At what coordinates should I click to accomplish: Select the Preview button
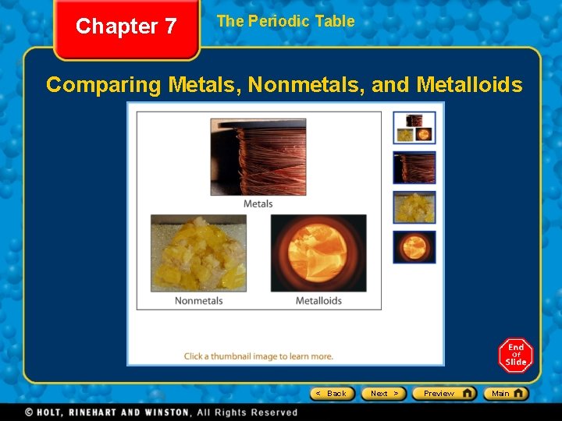pyautogui.click(x=443, y=394)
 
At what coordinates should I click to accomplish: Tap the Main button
pyautogui.click(x=505, y=394)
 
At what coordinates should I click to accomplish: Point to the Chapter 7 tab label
pyautogui.click(x=126, y=27)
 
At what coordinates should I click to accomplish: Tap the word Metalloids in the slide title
pyautogui.click(x=469, y=84)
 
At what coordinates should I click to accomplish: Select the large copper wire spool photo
pyautogui.click(x=258, y=157)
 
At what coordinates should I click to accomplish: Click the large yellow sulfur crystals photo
pyautogui.click(x=198, y=253)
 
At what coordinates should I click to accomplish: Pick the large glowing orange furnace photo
pyautogui.click(x=318, y=253)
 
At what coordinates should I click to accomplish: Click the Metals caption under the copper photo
pyautogui.click(x=258, y=204)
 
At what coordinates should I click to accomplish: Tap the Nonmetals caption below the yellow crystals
pyautogui.click(x=198, y=301)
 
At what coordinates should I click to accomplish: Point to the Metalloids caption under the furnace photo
pyautogui.click(x=318, y=301)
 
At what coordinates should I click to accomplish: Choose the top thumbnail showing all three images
pyautogui.click(x=414, y=128)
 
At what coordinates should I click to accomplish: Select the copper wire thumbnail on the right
pyautogui.click(x=414, y=168)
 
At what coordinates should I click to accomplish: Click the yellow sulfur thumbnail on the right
pyautogui.click(x=414, y=207)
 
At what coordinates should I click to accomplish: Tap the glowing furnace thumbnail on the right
pyautogui.click(x=414, y=247)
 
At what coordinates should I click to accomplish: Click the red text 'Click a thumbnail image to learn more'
pyautogui.click(x=258, y=356)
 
